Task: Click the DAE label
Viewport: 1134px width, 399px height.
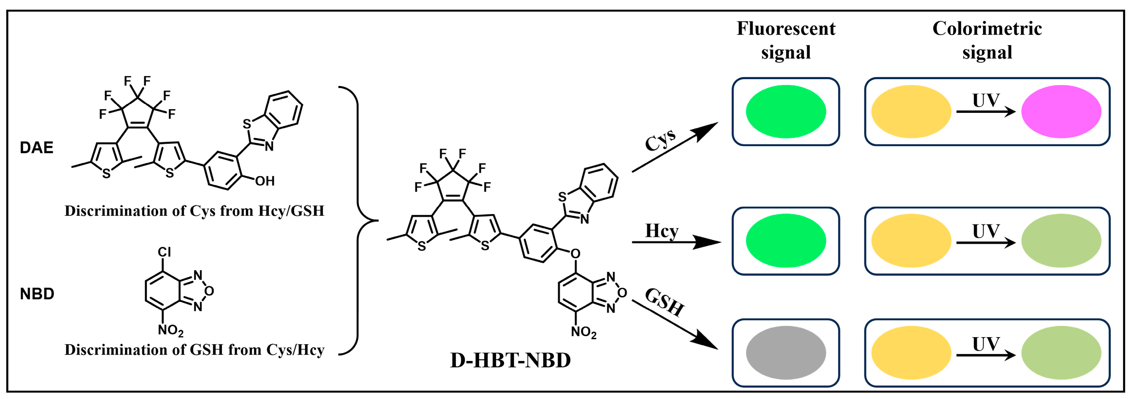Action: point(37,148)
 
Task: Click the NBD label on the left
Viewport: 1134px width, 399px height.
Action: point(37,294)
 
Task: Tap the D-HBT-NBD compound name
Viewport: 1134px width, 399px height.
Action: point(510,360)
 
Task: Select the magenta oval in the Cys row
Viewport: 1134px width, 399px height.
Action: point(1061,111)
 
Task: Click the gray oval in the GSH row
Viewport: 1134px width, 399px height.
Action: point(786,353)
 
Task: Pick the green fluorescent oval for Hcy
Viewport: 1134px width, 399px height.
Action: point(786,241)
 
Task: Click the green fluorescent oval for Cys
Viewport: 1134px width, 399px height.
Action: point(786,111)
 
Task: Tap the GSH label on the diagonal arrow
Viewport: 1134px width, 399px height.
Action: point(664,302)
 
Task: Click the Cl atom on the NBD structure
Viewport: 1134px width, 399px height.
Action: point(164,252)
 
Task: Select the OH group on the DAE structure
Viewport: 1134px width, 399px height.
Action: point(265,181)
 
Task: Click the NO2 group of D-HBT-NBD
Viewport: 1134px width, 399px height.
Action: point(583,332)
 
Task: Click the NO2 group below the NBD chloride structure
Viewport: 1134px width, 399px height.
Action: point(170,330)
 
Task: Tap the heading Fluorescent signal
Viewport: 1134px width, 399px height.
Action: point(786,40)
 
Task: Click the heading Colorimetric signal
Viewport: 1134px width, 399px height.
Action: point(987,40)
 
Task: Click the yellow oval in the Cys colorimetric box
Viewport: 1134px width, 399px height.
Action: point(911,111)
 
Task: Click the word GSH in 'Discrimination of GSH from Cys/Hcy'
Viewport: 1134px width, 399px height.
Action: point(207,350)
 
